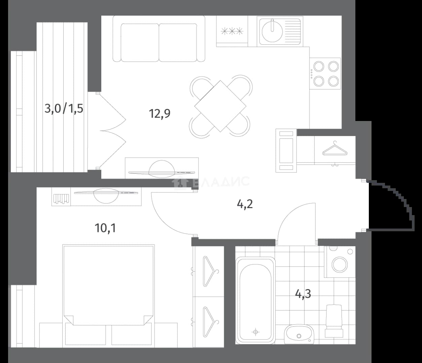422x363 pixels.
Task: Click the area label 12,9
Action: [160, 114]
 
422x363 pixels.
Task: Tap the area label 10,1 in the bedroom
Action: [105, 228]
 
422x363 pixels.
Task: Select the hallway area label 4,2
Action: [245, 204]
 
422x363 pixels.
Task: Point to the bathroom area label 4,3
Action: [303, 294]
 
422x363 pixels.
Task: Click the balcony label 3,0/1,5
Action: [64, 109]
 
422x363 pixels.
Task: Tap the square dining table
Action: [220, 106]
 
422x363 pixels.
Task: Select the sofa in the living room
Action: [159, 39]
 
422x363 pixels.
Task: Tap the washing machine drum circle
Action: [340, 265]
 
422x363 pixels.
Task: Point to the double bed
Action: [108, 285]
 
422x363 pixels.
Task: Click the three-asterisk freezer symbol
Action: [232, 31]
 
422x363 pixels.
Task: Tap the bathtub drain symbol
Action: [255, 332]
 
